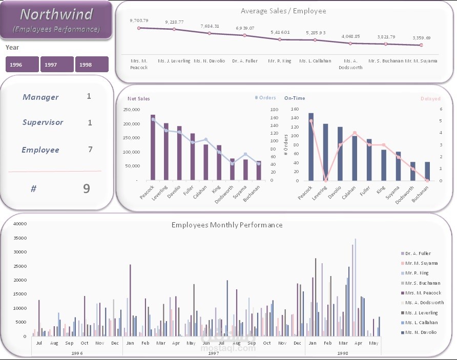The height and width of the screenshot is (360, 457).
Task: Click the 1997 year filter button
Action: [57, 65]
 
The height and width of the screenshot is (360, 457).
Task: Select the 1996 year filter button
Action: [22, 65]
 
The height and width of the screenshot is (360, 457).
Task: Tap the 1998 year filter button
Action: [92, 65]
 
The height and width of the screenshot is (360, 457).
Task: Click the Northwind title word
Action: [56, 14]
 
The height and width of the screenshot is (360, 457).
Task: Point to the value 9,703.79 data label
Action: [139, 20]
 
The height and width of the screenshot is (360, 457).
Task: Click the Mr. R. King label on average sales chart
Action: [280, 61]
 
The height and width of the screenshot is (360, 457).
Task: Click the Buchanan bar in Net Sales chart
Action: [259, 171]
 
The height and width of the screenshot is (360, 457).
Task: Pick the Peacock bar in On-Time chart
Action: [311, 146]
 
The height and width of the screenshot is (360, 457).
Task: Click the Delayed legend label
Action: [430, 98]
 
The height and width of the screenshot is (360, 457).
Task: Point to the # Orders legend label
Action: [265, 98]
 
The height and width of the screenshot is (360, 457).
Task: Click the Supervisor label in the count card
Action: [43, 122]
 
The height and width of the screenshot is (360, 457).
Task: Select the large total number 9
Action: [87, 188]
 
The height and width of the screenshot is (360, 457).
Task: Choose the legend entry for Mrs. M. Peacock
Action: [423, 293]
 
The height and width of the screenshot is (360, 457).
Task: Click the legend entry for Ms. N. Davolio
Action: [421, 332]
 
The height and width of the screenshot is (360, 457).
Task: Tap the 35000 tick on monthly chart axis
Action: [19, 238]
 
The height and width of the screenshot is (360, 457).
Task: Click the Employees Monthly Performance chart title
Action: [227, 225]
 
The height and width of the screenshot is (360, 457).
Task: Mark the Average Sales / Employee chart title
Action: [283, 11]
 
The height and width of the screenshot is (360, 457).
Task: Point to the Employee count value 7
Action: [90, 150]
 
